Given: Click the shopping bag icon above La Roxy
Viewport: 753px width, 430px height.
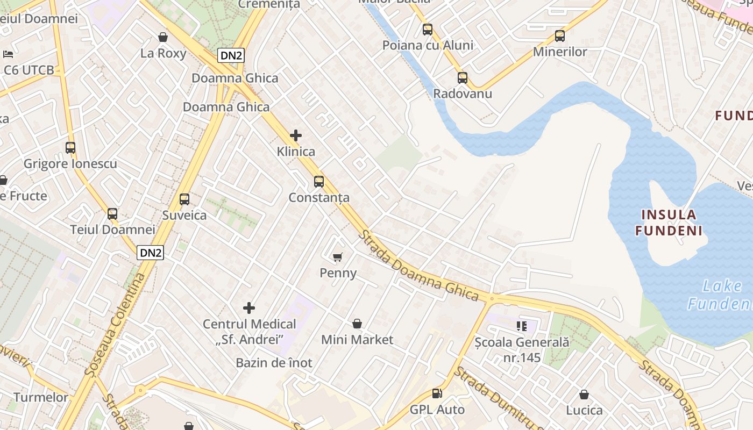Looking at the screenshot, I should [163, 37].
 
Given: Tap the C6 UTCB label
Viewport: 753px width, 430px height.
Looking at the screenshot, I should [29, 70].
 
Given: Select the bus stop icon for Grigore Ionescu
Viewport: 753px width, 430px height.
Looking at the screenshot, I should [70, 147].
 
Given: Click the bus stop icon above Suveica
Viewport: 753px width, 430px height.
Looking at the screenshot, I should [184, 199].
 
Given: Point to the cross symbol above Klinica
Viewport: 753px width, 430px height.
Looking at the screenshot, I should [296, 135].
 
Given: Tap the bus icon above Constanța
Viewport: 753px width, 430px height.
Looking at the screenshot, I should [319, 182].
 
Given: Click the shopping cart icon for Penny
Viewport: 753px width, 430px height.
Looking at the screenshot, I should [338, 257].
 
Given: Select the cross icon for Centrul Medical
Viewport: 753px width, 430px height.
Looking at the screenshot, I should [249, 308].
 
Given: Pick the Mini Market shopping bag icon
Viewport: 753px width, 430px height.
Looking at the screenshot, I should [357, 324].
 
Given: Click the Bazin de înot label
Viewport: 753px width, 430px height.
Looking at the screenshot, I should [274, 363].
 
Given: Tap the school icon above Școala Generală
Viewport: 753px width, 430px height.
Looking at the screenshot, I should [521, 326].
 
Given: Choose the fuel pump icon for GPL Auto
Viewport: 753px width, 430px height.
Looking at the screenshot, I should [437, 393].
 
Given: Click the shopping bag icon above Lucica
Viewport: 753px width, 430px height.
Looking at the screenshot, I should [584, 395].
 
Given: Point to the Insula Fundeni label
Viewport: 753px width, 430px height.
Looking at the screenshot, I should [669, 223].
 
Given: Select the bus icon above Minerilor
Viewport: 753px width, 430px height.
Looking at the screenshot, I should [560, 36].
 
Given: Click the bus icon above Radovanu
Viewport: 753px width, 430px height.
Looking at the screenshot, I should [463, 78].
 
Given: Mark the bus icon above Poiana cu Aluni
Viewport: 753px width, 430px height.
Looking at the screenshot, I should [428, 30].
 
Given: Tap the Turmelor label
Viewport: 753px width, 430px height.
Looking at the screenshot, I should [41, 398].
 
